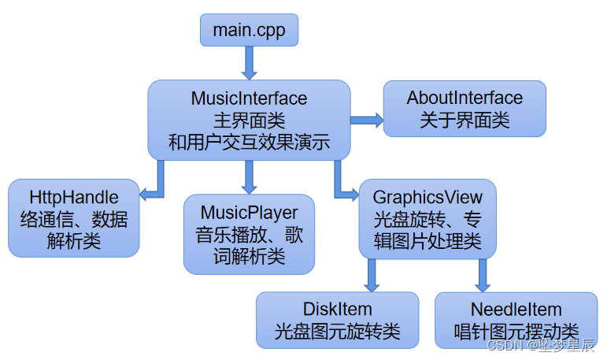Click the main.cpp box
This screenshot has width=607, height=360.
tap(249, 30)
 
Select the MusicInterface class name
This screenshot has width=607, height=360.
tap(249, 98)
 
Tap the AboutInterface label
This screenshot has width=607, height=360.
tap(465, 98)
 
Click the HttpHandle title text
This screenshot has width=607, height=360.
tap(74, 196)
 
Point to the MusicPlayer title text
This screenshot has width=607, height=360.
tap(250, 213)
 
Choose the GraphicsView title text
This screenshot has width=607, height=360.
tap(427, 196)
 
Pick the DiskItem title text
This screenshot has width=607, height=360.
tap(337, 309)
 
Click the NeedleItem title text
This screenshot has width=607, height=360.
tap(516, 309)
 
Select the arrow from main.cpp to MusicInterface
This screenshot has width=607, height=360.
tap(249, 62)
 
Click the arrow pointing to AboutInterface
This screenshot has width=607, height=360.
tap(367, 120)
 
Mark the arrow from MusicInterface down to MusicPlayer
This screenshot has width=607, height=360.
tap(249, 176)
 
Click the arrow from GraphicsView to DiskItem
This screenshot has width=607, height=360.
tap(372, 275)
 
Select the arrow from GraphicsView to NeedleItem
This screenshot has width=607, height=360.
tap(483, 275)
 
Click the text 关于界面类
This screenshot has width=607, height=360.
tap(465, 120)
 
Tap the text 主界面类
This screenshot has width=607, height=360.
tap(249, 121)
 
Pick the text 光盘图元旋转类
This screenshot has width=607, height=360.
tap(337, 332)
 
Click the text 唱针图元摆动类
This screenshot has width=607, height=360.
tap(516, 332)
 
